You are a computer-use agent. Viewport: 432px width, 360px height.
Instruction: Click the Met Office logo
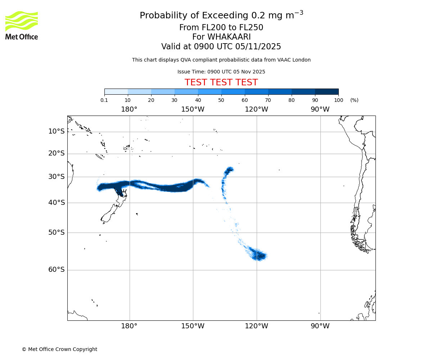pos(22,25)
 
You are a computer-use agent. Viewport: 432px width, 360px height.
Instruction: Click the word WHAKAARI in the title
pos(229,37)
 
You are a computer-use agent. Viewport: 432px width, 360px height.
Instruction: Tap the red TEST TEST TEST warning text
pos(221,82)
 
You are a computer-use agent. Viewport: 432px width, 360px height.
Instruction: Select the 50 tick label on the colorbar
pos(221,100)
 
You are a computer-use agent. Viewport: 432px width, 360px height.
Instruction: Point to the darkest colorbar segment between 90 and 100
pos(327,91)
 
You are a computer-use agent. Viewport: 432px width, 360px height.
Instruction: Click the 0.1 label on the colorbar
pos(104,100)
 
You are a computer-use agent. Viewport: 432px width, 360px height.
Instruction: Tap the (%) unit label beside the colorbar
pos(354,100)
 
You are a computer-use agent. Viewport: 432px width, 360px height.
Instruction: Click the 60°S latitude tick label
pos(57,270)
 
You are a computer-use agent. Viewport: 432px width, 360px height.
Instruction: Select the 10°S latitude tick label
pos(57,131)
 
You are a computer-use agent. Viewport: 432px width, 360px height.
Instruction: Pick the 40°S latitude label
pos(57,203)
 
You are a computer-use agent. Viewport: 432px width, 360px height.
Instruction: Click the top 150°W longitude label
pos(193,109)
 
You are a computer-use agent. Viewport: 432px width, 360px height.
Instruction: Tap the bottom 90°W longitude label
pos(320,326)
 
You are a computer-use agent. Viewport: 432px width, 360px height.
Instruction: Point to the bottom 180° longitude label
pos(129,326)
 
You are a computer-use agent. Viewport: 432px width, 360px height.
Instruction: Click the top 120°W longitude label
pos(256,109)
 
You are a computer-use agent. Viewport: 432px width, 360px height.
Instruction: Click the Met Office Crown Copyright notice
pos(59,349)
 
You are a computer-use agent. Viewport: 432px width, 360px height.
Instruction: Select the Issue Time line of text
pos(221,72)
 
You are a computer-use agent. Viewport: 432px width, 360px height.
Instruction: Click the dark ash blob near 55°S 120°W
pos(259,256)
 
